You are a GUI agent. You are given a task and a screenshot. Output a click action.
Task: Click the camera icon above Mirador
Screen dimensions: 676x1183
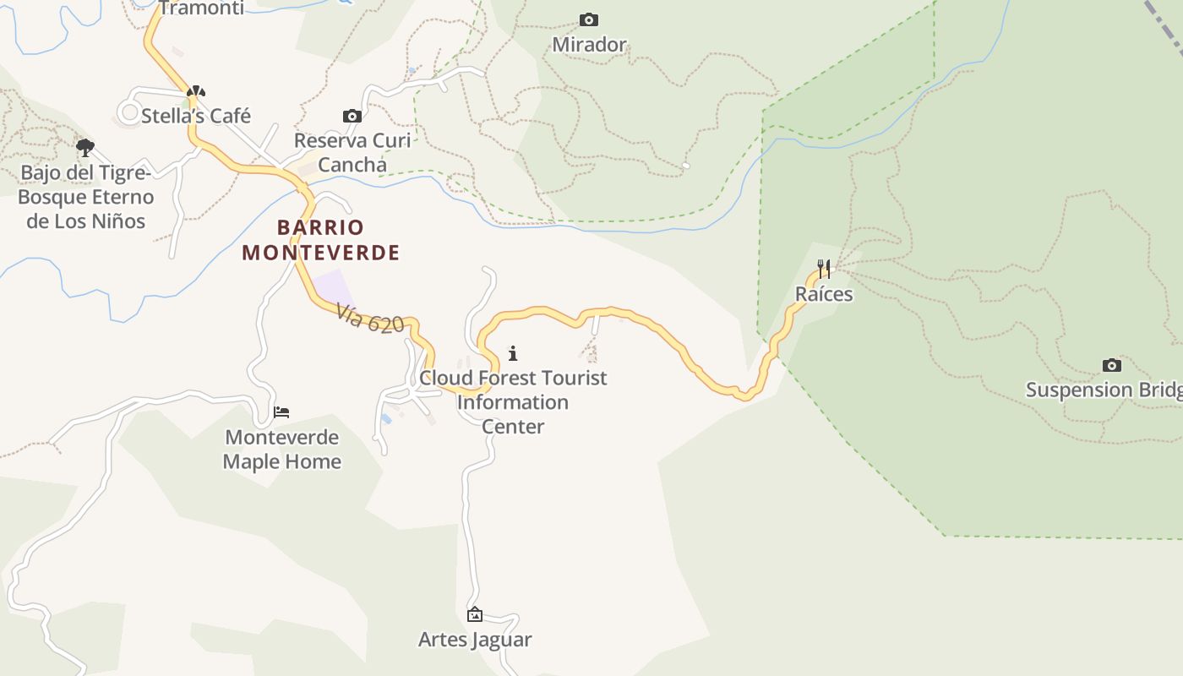click(x=589, y=19)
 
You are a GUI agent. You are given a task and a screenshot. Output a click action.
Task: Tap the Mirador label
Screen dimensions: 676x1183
click(x=589, y=45)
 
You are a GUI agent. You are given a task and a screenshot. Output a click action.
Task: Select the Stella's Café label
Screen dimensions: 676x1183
click(x=196, y=116)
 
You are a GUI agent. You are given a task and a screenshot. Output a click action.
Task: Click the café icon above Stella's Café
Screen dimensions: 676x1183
click(x=196, y=91)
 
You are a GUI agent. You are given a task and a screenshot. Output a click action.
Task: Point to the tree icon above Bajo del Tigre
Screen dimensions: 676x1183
click(x=85, y=148)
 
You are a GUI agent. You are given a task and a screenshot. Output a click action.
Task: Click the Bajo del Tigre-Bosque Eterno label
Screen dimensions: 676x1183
click(x=85, y=197)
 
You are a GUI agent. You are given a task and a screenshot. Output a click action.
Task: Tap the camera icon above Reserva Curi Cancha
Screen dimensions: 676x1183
click(x=352, y=116)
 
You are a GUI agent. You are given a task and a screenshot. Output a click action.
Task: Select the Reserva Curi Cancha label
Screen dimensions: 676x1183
click(x=352, y=152)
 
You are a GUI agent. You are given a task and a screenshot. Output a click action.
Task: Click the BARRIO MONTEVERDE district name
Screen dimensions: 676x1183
click(x=321, y=240)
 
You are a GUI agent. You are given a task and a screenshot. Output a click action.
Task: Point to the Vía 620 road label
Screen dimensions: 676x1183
click(x=370, y=319)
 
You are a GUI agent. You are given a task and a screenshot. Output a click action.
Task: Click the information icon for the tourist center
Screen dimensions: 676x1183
click(x=513, y=353)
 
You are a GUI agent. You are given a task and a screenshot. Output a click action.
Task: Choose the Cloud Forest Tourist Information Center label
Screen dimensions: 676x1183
click(x=513, y=401)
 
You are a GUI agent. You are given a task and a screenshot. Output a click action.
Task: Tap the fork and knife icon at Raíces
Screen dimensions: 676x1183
click(x=824, y=269)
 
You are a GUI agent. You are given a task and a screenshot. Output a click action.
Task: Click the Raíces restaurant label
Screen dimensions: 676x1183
click(x=824, y=294)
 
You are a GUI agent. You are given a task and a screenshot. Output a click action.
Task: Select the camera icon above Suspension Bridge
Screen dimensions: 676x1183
click(x=1112, y=365)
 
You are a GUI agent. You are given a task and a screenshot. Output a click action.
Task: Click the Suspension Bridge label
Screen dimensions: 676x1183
click(x=1104, y=390)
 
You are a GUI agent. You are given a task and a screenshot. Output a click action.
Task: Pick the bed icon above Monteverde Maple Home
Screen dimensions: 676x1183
click(x=281, y=412)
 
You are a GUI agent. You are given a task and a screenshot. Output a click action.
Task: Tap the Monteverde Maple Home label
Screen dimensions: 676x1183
click(x=281, y=450)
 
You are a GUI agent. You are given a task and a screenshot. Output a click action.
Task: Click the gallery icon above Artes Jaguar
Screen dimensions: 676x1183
click(x=475, y=614)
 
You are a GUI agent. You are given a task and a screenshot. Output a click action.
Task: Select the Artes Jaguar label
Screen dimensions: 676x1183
click(x=475, y=640)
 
